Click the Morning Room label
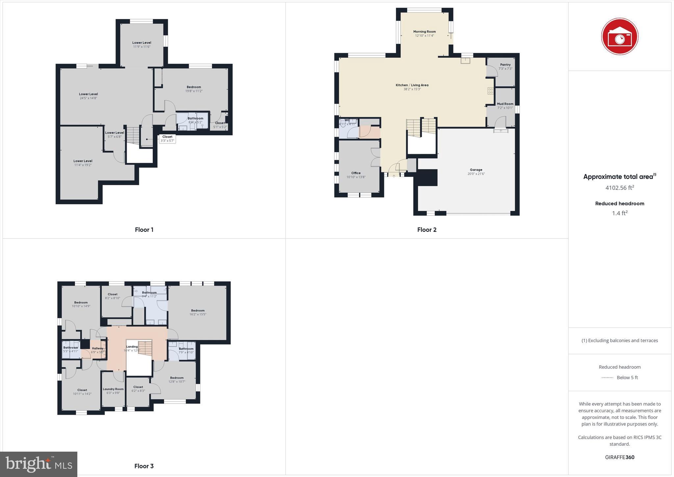coord(424,32)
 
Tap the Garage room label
coord(476,170)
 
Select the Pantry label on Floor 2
coord(505,65)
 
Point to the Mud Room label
coord(505,104)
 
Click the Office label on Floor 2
coord(356,173)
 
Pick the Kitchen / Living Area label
coord(412,85)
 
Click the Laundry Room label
coord(113,389)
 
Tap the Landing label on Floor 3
coord(132,347)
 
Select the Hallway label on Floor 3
coord(97,348)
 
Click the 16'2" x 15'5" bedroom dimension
coord(198,314)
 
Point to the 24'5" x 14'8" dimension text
coord(89,98)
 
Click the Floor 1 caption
coord(144,230)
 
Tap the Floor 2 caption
coord(427,230)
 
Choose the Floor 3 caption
coord(144,466)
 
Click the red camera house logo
coord(619,36)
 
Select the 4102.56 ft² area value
coord(619,188)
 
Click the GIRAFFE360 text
coord(619,457)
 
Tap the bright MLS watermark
coord(39,464)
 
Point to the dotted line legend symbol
coord(607,378)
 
